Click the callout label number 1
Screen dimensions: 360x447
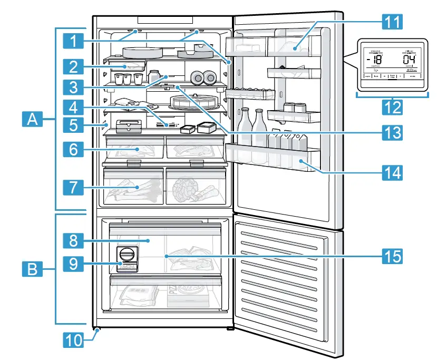click(76, 39)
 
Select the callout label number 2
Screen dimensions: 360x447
click(76, 66)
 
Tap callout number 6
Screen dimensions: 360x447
click(76, 149)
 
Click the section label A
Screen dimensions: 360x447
click(33, 121)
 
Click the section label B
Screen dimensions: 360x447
click(33, 270)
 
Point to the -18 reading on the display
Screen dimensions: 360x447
click(375, 61)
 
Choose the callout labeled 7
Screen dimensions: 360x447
click(76, 187)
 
